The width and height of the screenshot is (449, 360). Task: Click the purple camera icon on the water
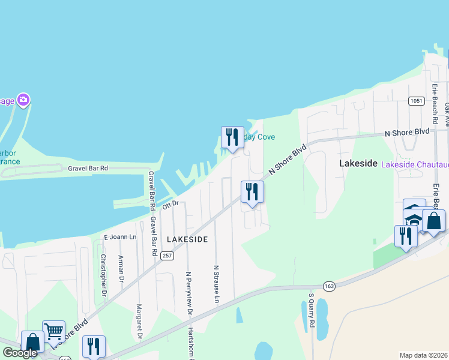point(23,99)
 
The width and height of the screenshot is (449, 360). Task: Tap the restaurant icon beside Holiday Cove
point(232,137)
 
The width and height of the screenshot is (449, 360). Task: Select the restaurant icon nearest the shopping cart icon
point(93,346)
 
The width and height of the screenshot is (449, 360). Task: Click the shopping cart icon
point(53,331)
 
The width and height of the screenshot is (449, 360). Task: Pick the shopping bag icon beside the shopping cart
point(32,341)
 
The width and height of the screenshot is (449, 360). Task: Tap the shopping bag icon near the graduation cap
point(433,220)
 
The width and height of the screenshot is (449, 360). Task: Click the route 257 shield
point(167,256)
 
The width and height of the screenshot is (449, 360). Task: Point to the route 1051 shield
point(417,101)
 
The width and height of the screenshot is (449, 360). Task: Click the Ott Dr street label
point(171,205)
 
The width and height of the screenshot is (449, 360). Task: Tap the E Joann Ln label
point(121,237)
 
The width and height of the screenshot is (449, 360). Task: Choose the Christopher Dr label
point(103,275)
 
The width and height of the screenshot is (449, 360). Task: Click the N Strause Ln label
point(217,283)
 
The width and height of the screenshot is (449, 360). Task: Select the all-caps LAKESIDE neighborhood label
point(187,239)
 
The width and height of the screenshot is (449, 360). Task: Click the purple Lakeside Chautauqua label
point(415,164)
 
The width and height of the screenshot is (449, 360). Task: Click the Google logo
point(20,353)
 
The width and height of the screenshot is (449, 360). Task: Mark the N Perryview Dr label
point(188,293)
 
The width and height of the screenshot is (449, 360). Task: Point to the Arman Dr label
point(121,268)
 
